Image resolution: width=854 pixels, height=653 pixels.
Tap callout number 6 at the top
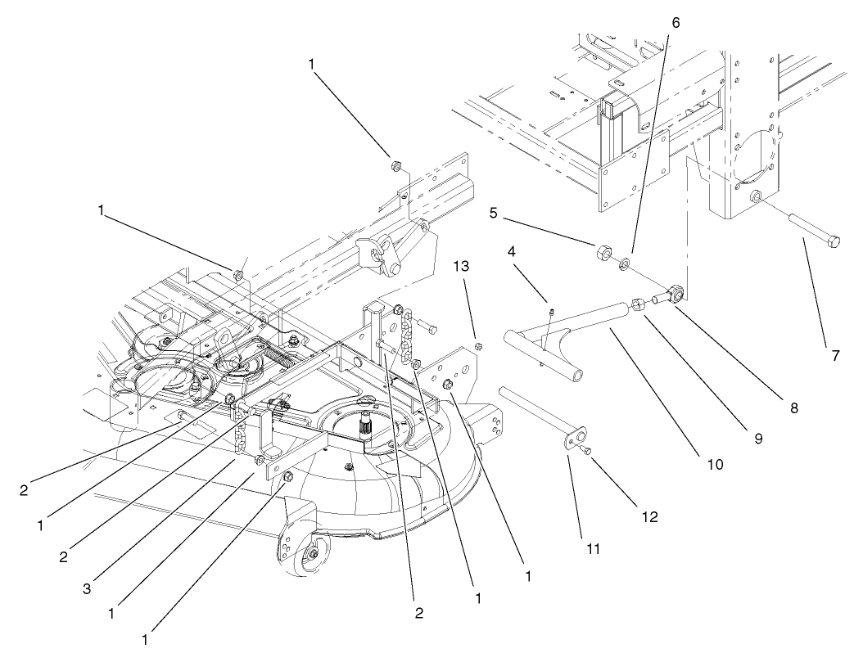pyautogui.click(x=676, y=23)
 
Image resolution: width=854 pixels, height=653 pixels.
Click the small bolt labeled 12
pyautogui.click(x=584, y=449)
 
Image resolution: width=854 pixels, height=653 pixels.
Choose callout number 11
pyautogui.click(x=594, y=548)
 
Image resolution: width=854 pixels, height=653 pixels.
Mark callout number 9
pyautogui.click(x=758, y=439)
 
